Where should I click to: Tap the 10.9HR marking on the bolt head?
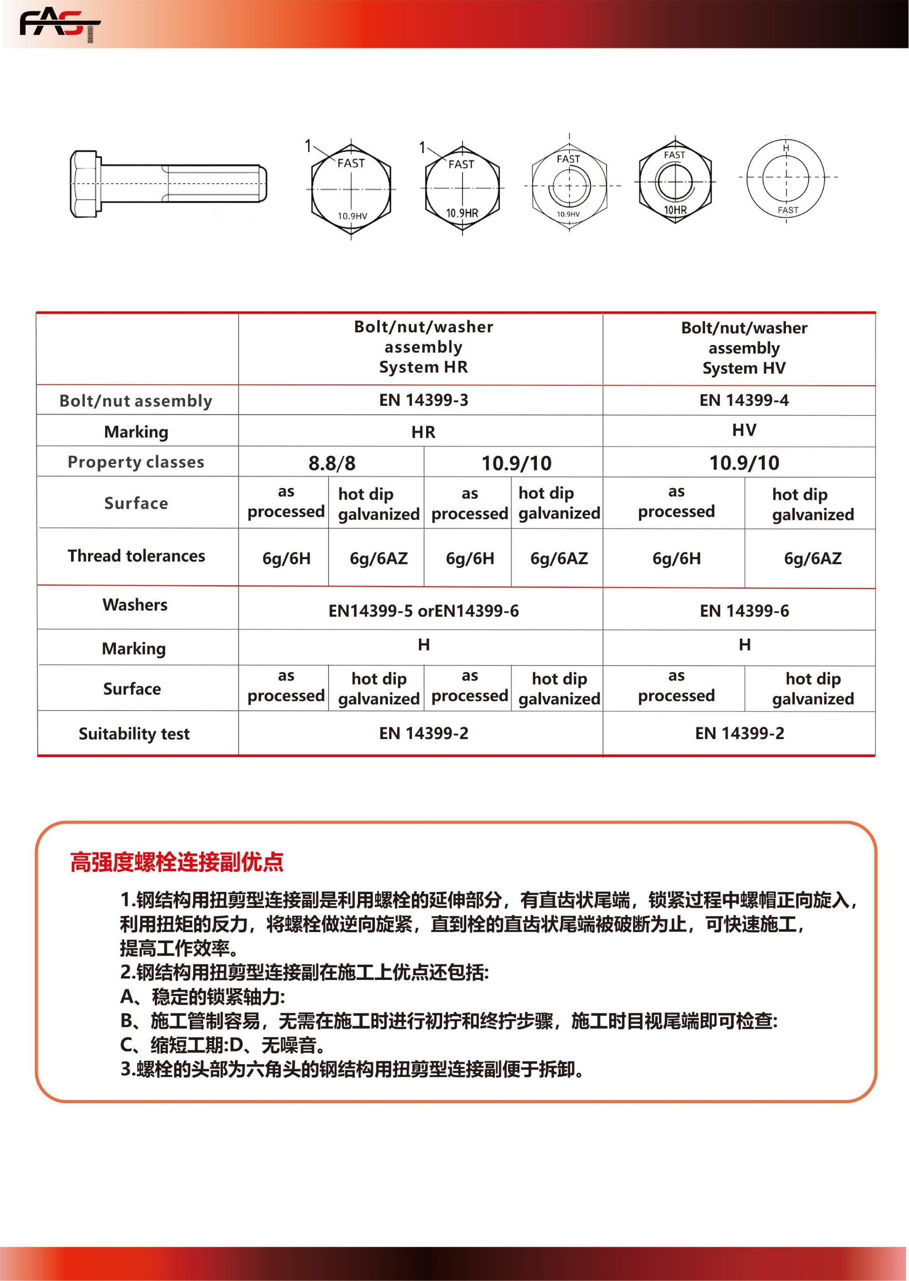point(462,213)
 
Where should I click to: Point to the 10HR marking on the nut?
point(675,210)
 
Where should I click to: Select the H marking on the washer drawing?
point(786,148)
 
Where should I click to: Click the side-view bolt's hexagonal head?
point(85,184)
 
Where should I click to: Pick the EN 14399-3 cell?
point(423,400)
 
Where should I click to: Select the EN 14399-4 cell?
point(744,400)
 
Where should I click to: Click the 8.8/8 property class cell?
point(331,463)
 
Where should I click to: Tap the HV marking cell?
point(744,430)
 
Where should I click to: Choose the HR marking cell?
point(423,432)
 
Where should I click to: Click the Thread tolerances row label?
point(136,556)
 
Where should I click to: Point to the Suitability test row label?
point(134,734)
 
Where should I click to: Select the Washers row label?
point(135,605)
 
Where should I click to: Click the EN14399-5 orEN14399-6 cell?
point(423,611)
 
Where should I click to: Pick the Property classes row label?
point(136,462)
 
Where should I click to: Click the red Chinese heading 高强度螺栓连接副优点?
point(177,862)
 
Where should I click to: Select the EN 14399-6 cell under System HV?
point(744,611)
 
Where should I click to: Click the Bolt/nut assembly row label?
point(136,400)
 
